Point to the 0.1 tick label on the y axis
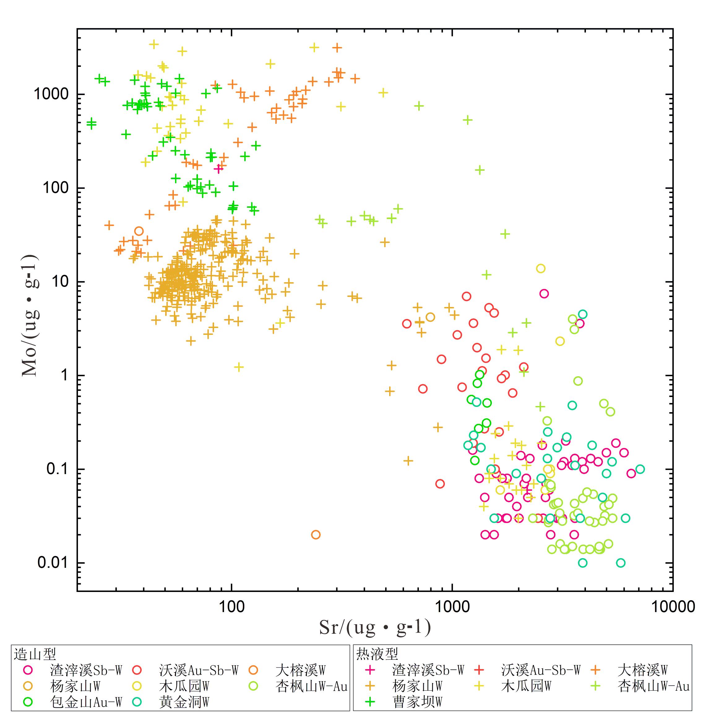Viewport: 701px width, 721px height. pyautogui.click(x=57, y=469)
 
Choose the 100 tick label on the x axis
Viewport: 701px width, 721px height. pyautogui.click(x=231, y=607)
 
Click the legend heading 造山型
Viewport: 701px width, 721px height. pyautogui.click(x=35, y=654)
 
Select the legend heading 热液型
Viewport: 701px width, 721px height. pyautogui.click(x=377, y=654)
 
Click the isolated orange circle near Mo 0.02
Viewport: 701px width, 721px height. pyautogui.click(x=316, y=535)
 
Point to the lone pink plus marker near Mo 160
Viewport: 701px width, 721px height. pyautogui.click(x=219, y=169)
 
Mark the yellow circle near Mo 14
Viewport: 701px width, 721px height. pyautogui.click(x=540, y=269)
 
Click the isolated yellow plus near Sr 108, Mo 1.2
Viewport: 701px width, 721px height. pyautogui.click(x=239, y=367)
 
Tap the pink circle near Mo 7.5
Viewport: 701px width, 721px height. pyautogui.click(x=544, y=293)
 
